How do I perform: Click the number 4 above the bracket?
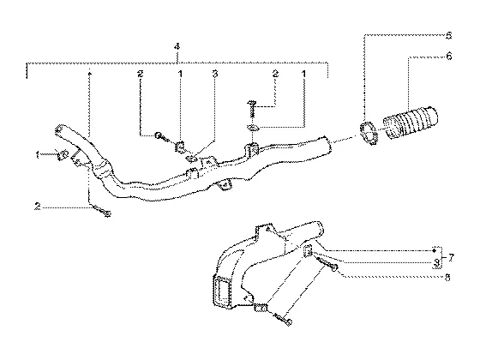pyautogui.click(x=177, y=47)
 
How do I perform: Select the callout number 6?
pyautogui.click(x=449, y=57)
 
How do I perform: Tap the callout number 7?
pyautogui.click(x=452, y=258)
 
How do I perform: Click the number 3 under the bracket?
pyautogui.click(x=215, y=74)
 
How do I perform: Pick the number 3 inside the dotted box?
pyautogui.click(x=437, y=262)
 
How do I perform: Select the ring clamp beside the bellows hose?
pyautogui.click(x=369, y=132)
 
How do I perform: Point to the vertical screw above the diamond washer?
pyautogui.click(x=252, y=109)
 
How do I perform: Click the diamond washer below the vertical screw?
pyautogui.click(x=253, y=128)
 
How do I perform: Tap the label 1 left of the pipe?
pyautogui.click(x=38, y=155)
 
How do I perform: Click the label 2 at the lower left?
pyautogui.click(x=37, y=207)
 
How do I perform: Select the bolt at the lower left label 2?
pyautogui.click(x=101, y=211)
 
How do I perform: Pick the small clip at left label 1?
pyautogui.click(x=63, y=154)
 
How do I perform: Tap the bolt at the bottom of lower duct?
pyautogui.click(x=283, y=319)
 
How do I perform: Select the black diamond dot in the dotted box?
pyautogui.click(x=434, y=251)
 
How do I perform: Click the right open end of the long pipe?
pyautogui.click(x=328, y=144)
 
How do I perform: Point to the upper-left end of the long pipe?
pyautogui.click(x=60, y=129)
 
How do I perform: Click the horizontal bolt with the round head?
pyautogui.click(x=162, y=136)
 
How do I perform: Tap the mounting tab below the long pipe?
pyautogui.click(x=224, y=185)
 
